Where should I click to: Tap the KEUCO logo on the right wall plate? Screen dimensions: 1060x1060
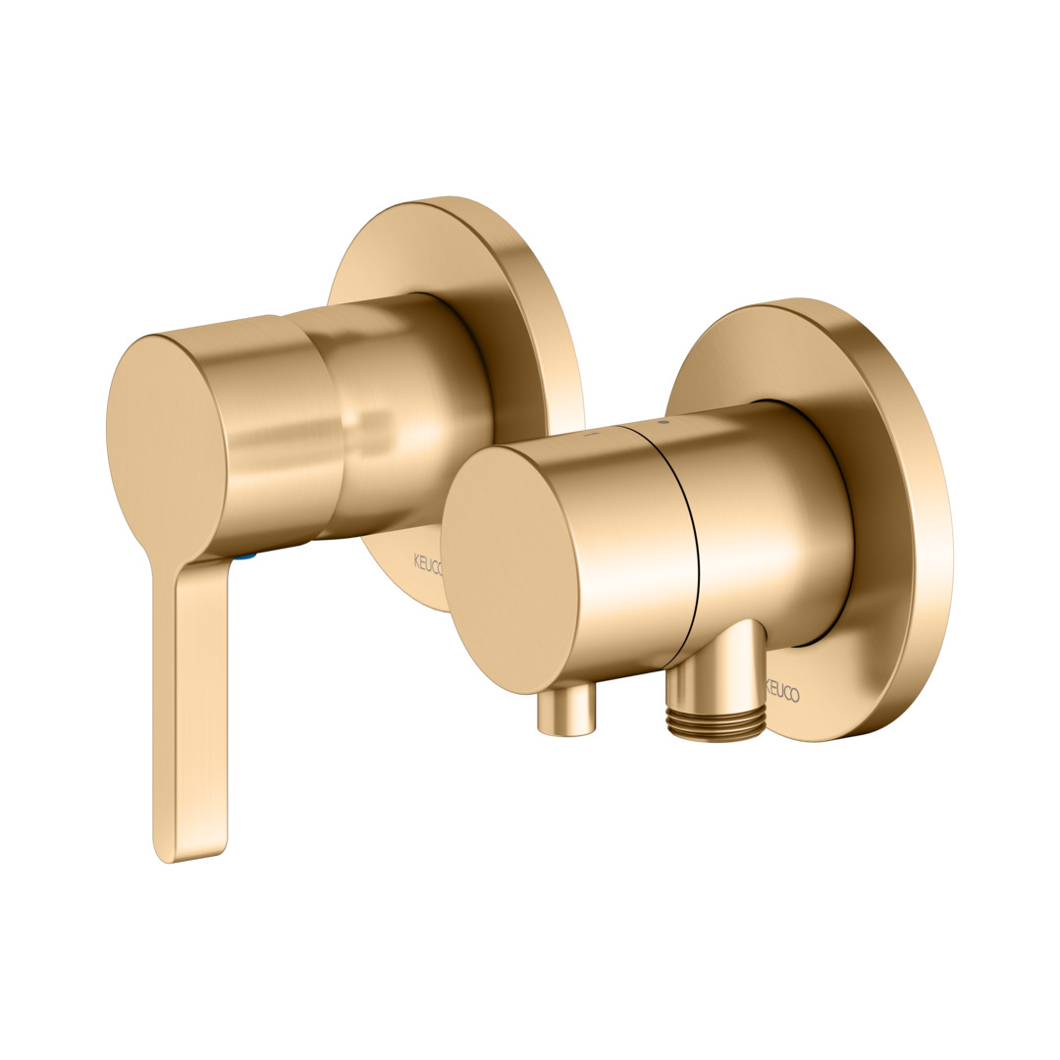click(x=782, y=692)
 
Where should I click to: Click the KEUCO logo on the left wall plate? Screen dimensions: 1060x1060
click(x=427, y=562)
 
